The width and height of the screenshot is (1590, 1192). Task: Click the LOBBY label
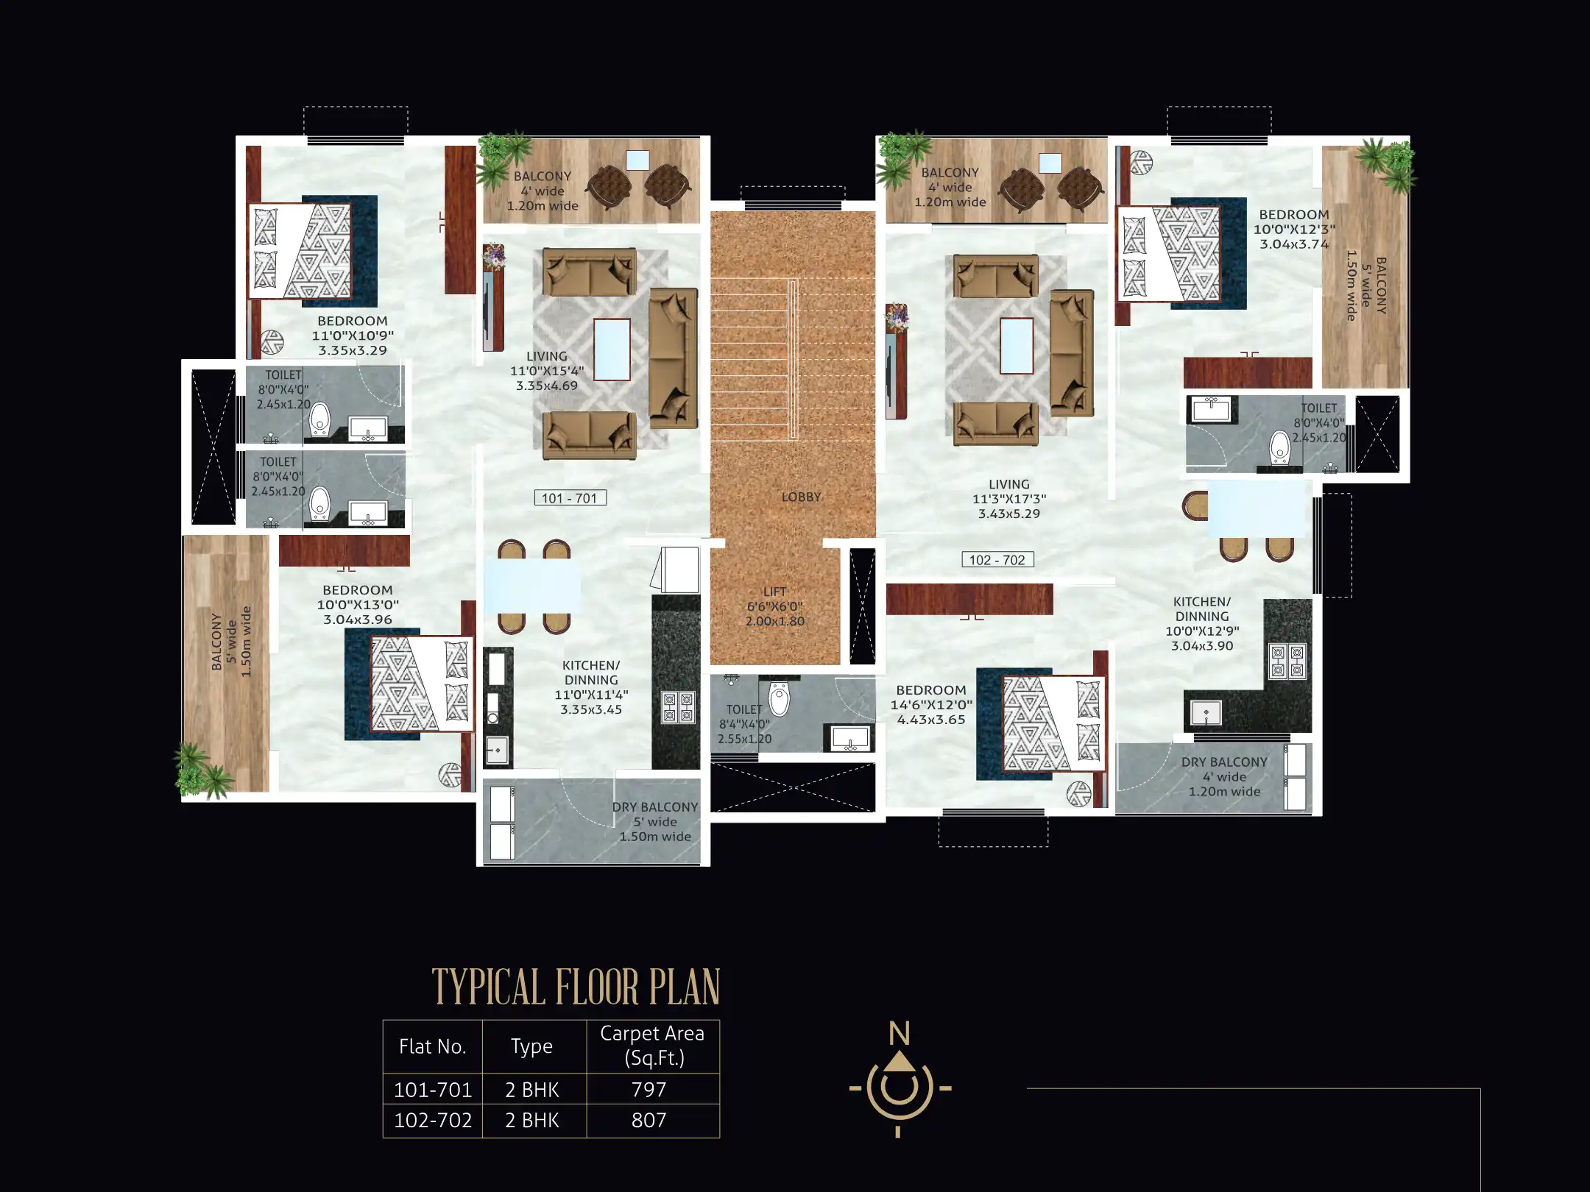[x=801, y=497]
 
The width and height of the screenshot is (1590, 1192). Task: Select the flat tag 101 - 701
[x=570, y=498]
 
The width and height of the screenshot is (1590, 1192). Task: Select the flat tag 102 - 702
[x=997, y=560]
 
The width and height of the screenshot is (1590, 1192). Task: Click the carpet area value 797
[x=649, y=1089]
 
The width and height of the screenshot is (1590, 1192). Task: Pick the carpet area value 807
[x=649, y=1120]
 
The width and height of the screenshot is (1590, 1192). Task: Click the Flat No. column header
[x=432, y=1046]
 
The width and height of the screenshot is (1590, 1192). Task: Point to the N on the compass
[x=899, y=1034]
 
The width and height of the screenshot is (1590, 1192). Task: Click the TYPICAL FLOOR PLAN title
[x=576, y=987]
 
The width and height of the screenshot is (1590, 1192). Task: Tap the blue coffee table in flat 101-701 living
[x=612, y=350]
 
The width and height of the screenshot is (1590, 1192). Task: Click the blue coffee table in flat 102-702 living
[x=1017, y=346]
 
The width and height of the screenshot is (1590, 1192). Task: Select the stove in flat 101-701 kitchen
[x=678, y=707]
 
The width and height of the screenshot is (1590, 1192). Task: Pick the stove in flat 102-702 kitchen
[x=1287, y=660]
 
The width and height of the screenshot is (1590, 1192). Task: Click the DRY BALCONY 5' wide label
[x=655, y=822]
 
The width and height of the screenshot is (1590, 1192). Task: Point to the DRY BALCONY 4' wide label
[x=1224, y=777]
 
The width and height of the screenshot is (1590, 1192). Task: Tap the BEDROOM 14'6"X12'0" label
[x=931, y=705]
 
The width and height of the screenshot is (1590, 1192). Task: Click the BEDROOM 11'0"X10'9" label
[x=353, y=336]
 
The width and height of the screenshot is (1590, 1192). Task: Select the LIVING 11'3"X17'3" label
[x=1009, y=499]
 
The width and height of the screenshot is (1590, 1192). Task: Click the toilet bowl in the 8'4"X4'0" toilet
[x=778, y=698]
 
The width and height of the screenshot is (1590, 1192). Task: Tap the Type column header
[x=531, y=1046]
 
